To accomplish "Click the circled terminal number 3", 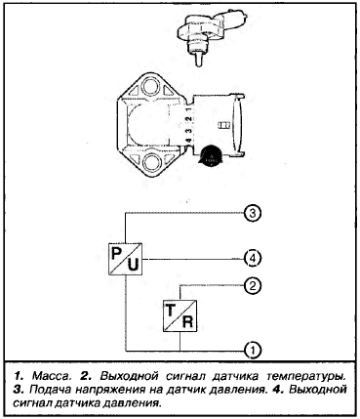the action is [253, 214].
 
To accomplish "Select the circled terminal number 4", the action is [253, 259].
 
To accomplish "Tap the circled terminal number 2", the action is [253, 285].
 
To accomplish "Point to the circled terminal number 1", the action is [253, 351].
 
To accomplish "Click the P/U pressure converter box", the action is [126, 259].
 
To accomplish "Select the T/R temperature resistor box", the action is [180, 315].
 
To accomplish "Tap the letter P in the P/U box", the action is [117, 253].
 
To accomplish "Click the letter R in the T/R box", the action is [188, 321].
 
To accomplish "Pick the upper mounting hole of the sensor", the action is [151, 86].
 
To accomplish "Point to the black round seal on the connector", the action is [211, 154].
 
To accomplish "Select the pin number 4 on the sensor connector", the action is [188, 142].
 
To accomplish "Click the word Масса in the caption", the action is [52, 376].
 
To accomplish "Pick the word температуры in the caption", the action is [306, 376].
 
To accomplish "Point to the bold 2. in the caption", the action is [86, 376].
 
